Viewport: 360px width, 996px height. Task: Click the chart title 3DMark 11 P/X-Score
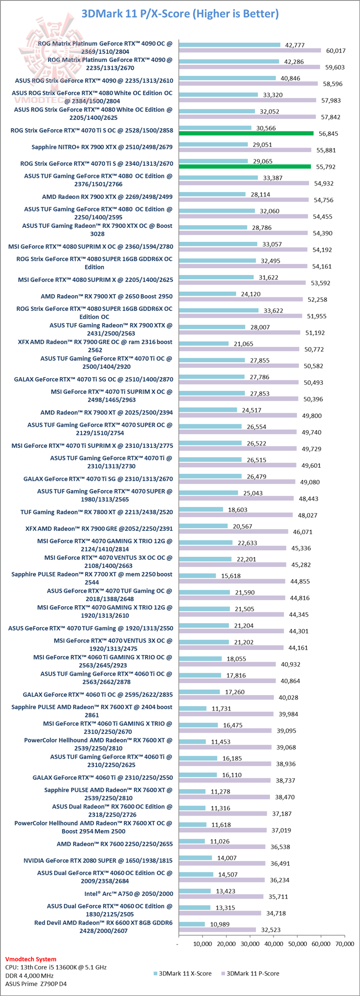[180, 13]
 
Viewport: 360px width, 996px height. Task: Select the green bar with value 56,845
[246, 133]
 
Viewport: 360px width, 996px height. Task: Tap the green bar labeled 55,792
[244, 166]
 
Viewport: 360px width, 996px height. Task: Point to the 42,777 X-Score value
[295, 45]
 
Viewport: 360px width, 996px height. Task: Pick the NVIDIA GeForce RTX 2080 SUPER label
[98, 860]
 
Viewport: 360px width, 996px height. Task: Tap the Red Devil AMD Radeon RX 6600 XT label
[103, 927]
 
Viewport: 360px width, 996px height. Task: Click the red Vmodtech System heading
[30, 959]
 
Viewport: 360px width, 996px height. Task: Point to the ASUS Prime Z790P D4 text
[36, 984]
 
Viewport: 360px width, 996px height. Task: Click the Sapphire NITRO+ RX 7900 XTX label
[102, 147]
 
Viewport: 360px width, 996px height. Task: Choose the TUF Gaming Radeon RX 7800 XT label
[96, 512]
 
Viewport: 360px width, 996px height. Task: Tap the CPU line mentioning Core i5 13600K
[56, 967]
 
